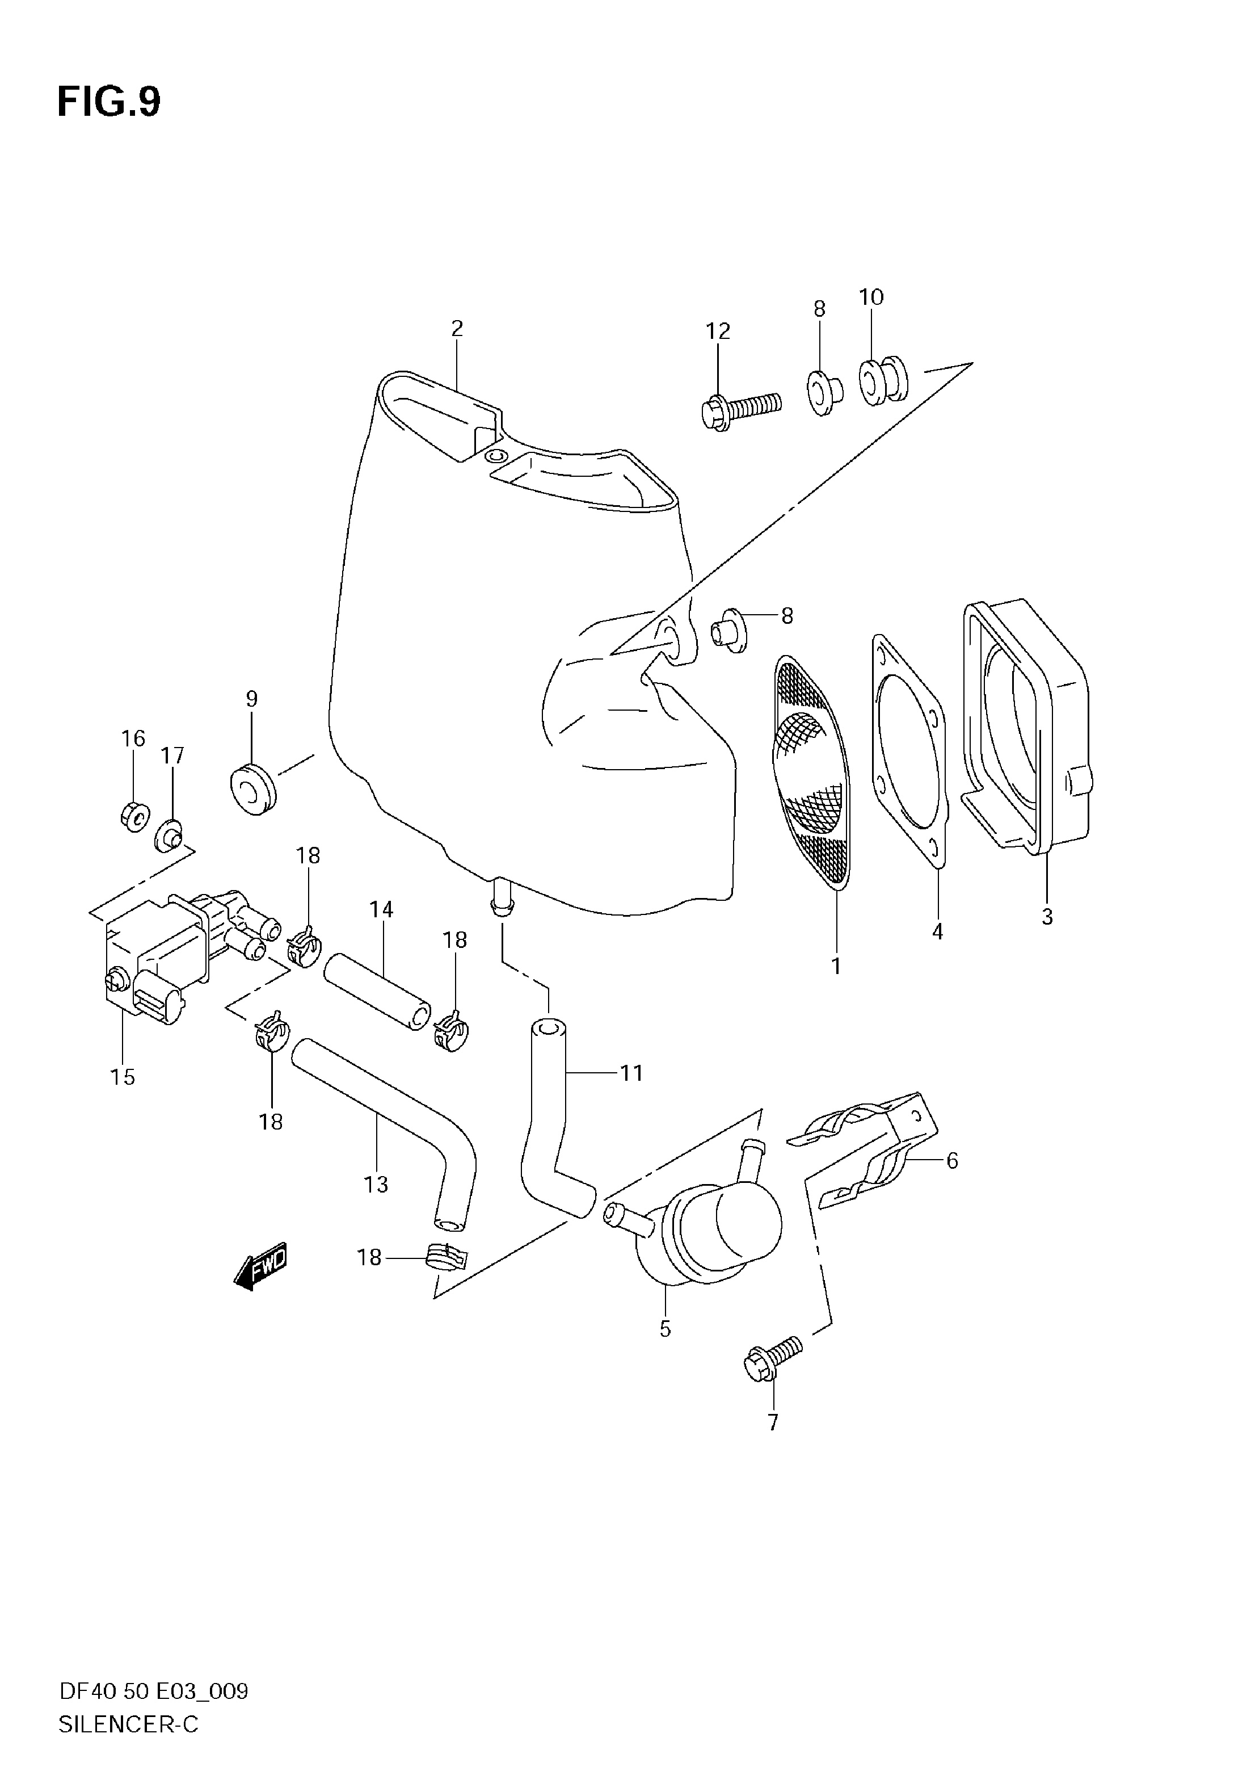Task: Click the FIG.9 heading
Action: [108, 102]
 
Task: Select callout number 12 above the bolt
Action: [718, 331]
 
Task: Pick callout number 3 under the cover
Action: [1047, 917]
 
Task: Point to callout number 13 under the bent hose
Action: [376, 1185]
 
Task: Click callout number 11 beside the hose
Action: [631, 1073]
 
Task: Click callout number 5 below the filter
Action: [665, 1329]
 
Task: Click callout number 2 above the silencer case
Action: [457, 329]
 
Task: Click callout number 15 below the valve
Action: [122, 1077]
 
